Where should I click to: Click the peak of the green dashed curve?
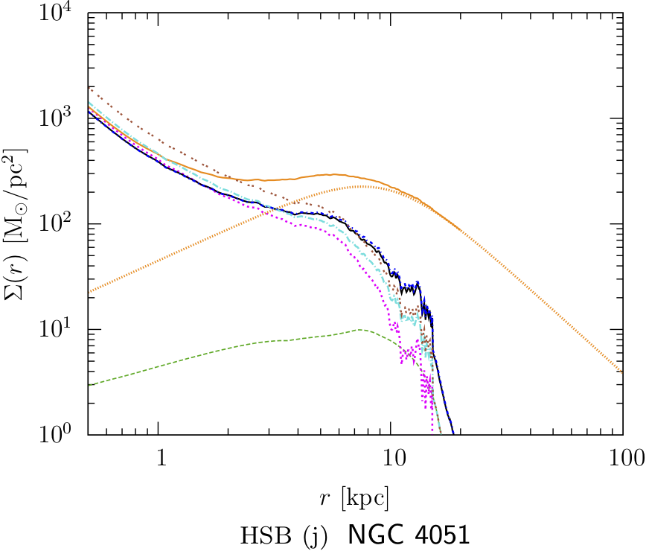360,329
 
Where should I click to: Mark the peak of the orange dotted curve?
362,186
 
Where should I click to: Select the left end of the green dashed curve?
88,385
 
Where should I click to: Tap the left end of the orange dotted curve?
88,292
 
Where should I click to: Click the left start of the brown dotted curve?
88,86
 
